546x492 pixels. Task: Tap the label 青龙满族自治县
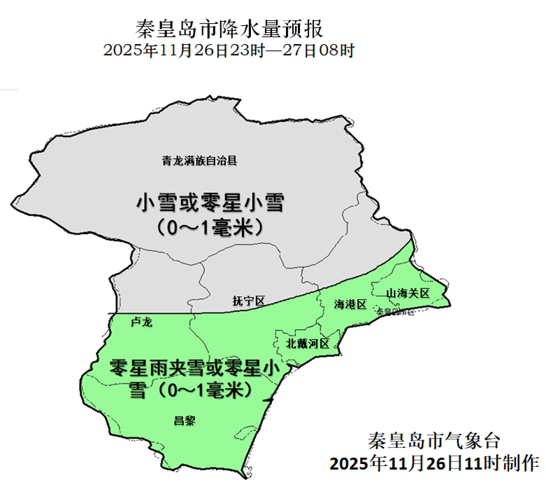click(x=201, y=161)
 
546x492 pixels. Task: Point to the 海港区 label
click(x=350, y=305)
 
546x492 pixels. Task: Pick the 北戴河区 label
click(x=308, y=343)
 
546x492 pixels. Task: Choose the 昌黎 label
click(x=185, y=420)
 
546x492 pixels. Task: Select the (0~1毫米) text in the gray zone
click(x=212, y=227)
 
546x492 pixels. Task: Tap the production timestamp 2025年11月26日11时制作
click(x=434, y=463)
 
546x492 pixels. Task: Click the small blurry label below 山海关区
click(x=395, y=311)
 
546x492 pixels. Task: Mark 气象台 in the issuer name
click(x=475, y=441)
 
